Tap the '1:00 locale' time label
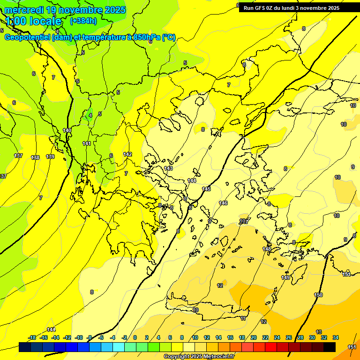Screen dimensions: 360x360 tap(34, 21)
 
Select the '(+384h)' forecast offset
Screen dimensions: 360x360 tap(83, 21)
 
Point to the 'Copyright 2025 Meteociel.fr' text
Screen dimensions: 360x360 tap(199, 357)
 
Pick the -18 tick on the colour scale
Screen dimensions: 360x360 tap(32, 337)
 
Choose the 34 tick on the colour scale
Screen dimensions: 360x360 tap(336, 337)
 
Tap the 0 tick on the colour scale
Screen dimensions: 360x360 tap(135, 337)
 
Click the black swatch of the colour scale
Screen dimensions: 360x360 tap(330, 347)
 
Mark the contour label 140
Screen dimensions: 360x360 tap(67, 130)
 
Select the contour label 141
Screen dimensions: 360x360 tap(87, 143)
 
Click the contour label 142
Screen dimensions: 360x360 tap(127, 154)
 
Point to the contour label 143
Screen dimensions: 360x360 tap(169, 168)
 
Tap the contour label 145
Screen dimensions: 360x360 tap(206, 189)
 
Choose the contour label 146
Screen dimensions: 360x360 tap(223, 203)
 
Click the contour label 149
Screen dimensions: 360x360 tap(285, 278)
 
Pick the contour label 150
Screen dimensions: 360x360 tap(318, 295)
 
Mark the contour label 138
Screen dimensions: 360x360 tap(35, 158)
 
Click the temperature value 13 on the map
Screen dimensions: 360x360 tap(319, 332)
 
